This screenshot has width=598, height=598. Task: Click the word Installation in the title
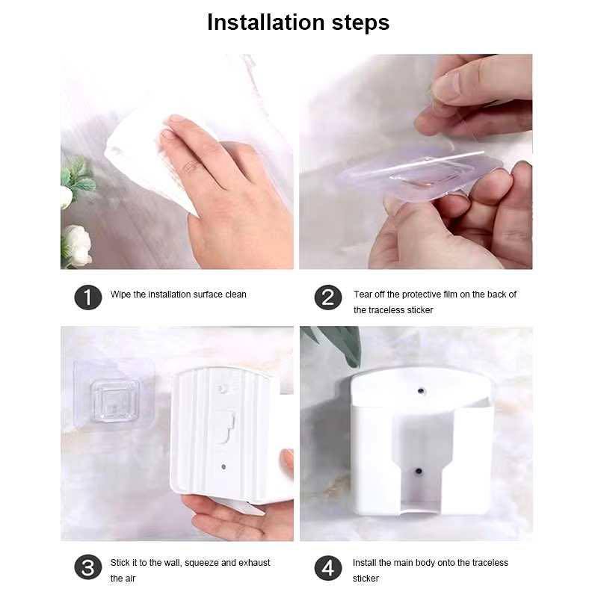tap(266, 22)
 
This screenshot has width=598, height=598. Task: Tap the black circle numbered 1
tap(88, 297)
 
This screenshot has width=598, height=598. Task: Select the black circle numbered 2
tap(328, 297)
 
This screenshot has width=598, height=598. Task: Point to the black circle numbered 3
tap(88, 567)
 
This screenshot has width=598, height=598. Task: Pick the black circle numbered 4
tap(328, 568)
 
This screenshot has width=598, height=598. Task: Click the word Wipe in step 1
tap(120, 295)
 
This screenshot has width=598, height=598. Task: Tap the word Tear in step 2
tap(363, 295)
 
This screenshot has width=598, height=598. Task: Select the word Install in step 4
tap(364, 563)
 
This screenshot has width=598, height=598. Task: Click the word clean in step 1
tap(235, 295)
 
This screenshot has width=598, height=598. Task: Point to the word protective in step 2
tap(419, 295)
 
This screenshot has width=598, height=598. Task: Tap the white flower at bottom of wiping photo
tap(78, 245)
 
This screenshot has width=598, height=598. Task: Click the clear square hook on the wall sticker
tap(115, 401)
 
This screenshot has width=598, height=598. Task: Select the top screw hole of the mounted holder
tap(421, 391)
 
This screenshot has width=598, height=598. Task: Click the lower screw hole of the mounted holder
tap(419, 472)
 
